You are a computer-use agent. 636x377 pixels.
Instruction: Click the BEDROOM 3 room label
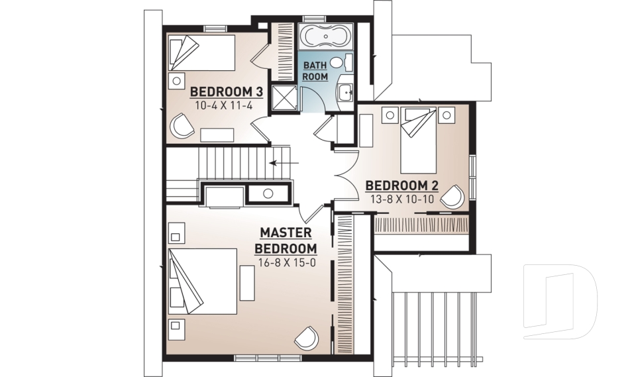click(x=227, y=91)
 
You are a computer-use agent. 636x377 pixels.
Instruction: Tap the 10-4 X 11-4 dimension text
click(x=224, y=106)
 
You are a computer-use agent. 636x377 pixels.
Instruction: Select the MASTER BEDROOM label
click(x=286, y=241)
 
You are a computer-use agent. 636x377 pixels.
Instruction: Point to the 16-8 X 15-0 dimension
click(x=287, y=262)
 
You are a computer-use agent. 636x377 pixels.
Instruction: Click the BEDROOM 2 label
click(x=402, y=186)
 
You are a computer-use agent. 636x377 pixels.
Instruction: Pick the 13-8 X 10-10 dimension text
click(x=402, y=199)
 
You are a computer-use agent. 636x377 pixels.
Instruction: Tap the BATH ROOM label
click(x=315, y=71)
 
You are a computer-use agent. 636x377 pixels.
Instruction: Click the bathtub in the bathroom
click(x=326, y=37)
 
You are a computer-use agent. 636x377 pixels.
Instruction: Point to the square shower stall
click(x=284, y=97)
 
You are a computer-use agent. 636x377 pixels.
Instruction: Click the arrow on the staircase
click(x=284, y=163)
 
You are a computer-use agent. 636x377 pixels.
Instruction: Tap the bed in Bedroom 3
click(x=201, y=53)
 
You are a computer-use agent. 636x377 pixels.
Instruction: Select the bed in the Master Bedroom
click(x=203, y=282)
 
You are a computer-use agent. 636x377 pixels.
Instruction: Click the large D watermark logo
click(x=560, y=301)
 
